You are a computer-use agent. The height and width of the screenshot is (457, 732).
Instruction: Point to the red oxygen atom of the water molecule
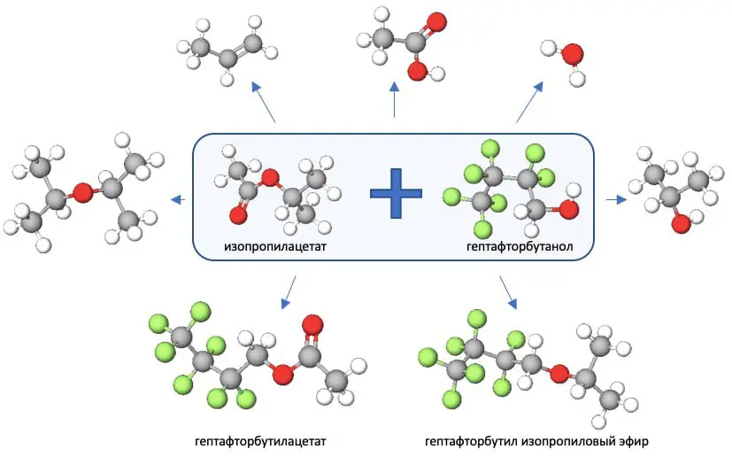pyautogui.click(x=573, y=54)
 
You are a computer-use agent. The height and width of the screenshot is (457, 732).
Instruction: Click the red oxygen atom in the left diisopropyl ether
pyautogui.click(x=82, y=192)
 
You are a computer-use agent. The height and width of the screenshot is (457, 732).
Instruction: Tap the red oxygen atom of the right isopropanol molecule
pyautogui.click(x=680, y=224)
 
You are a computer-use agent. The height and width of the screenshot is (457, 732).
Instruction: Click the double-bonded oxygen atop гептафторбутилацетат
pyautogui.click(x=311, y=325)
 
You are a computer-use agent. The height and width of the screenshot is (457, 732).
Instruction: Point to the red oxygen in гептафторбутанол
pyautogui.click(x=569, y=210)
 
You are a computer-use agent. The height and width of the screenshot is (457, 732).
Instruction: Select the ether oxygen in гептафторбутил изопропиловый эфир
pyautogui.click(x=558, y=375)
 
